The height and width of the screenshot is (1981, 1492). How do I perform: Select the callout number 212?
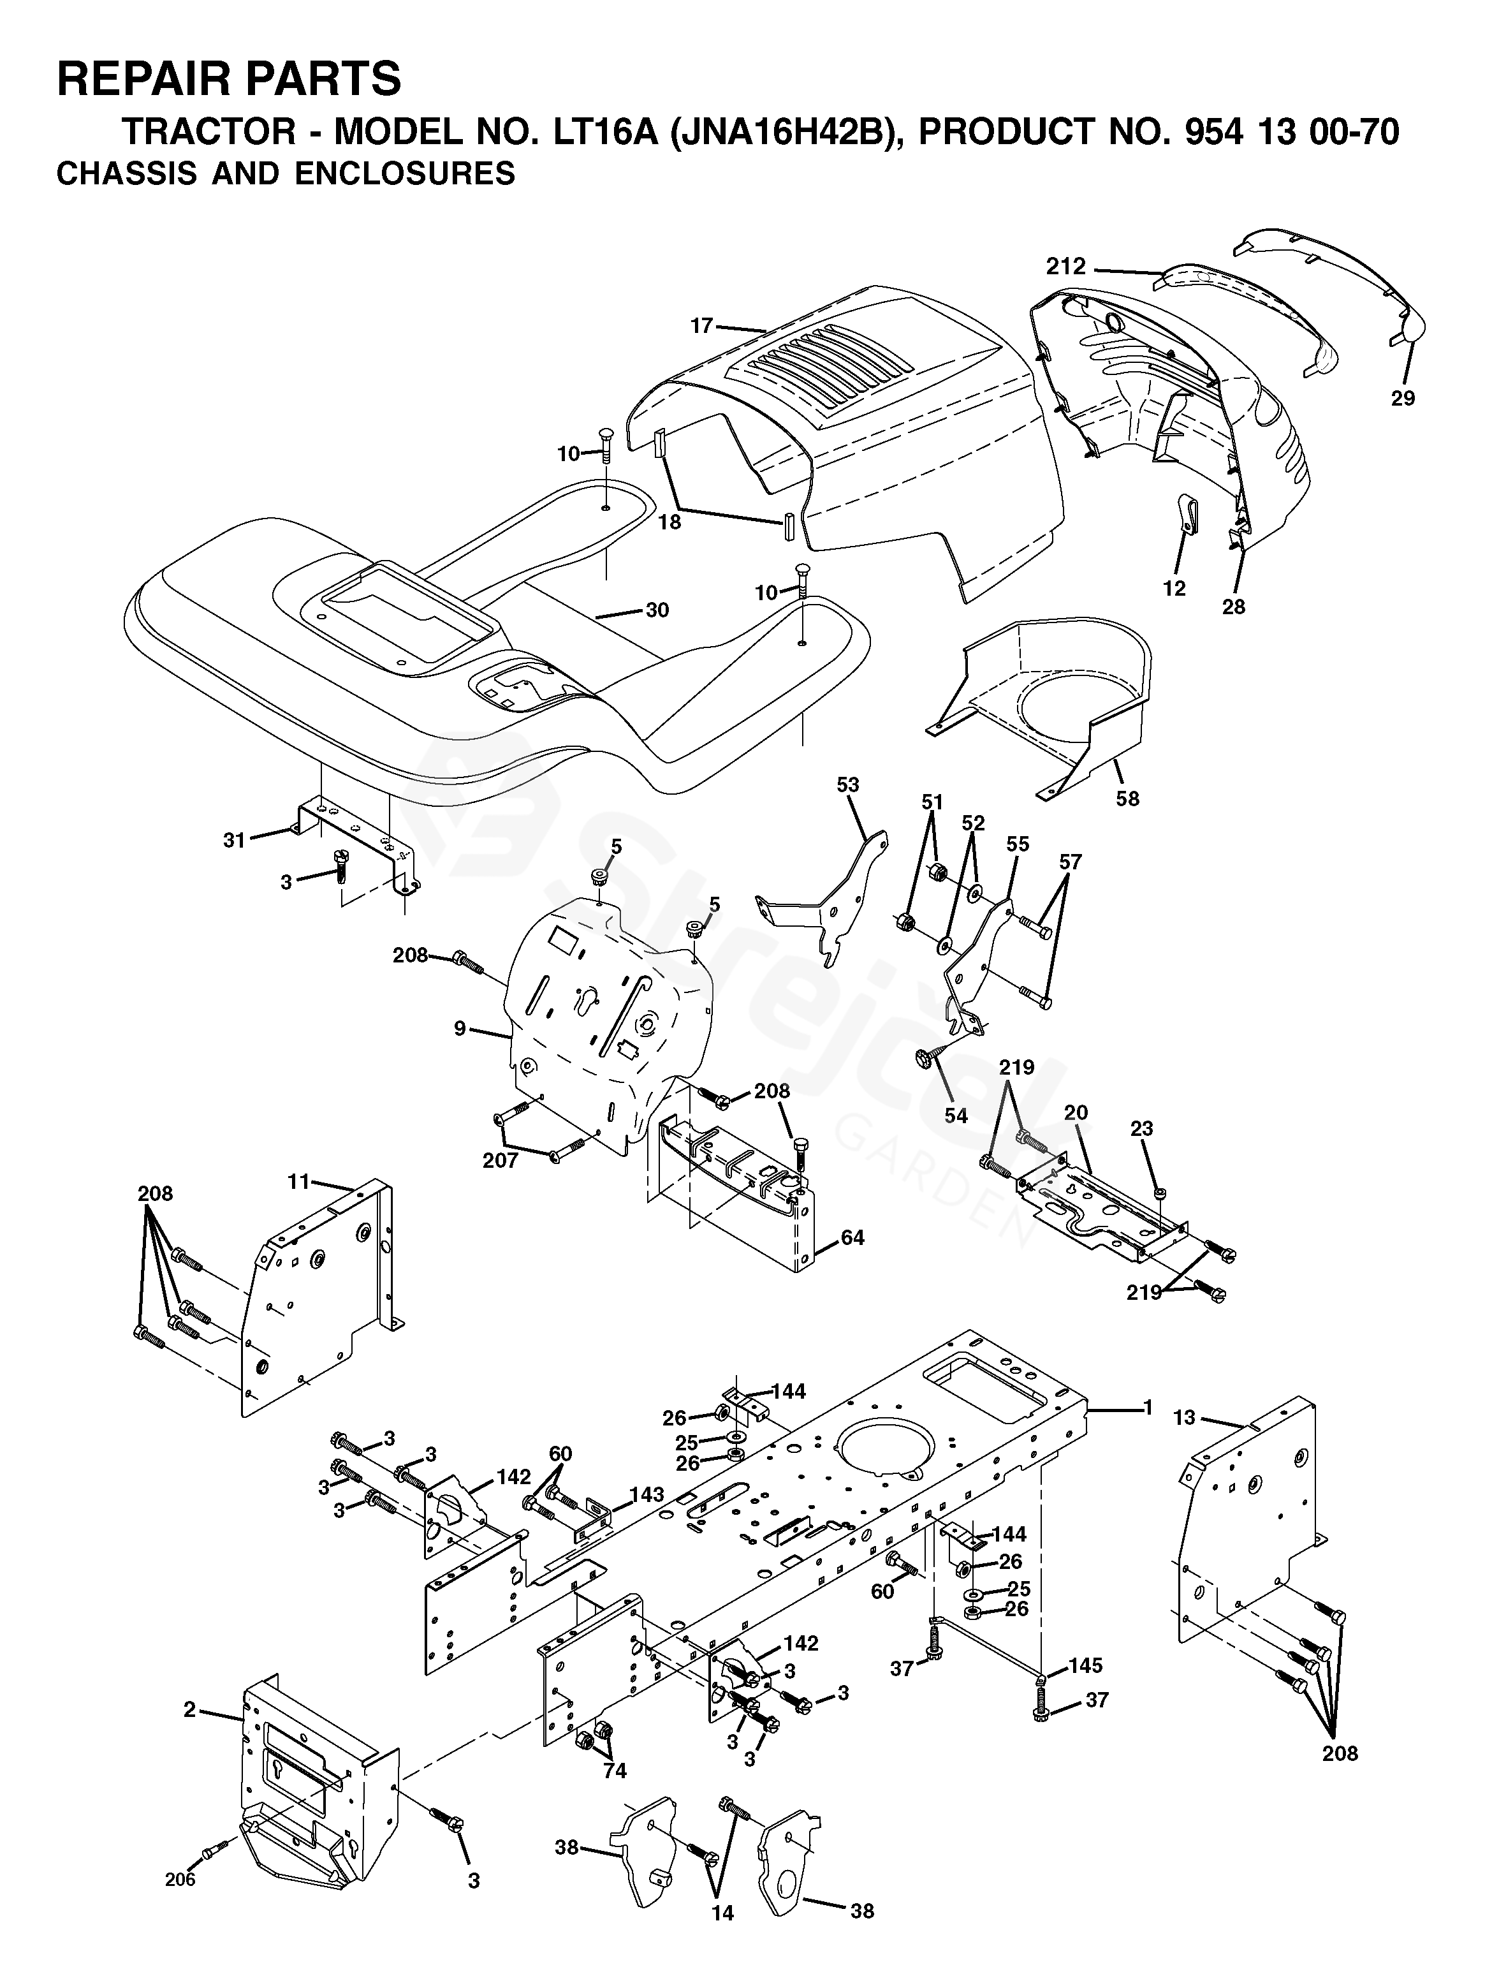tap(1065, 266)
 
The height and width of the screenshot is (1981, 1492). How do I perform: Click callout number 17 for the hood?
tap(701, 326)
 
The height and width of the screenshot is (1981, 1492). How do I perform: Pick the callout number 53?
tap(847, 784)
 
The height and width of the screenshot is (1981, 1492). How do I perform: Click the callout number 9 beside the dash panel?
tap(460, 1028)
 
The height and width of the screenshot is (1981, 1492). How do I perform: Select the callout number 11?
tap(298, 1181)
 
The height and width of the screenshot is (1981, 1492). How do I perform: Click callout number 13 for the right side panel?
tap(1185, 1418)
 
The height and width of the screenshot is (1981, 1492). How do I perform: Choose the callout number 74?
tap(615, 1771)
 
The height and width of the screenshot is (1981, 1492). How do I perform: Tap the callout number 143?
tap(647, 1494)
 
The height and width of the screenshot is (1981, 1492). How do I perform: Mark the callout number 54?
tap(956, 1115)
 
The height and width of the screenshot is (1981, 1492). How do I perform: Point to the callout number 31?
tap(234, 840)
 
